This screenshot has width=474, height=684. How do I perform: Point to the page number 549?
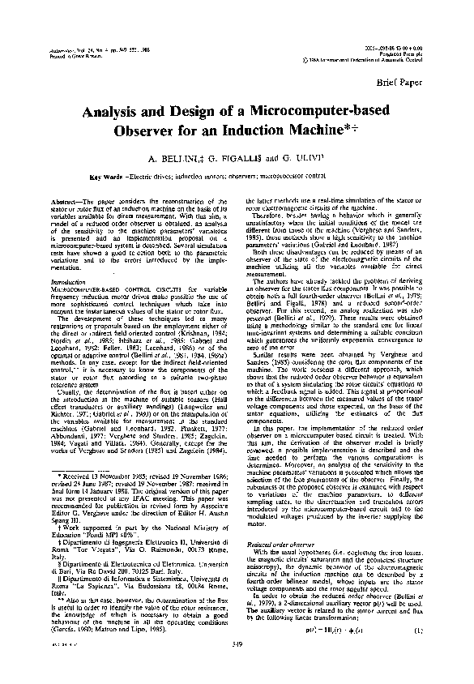pyautogui.click(x=237, y=667)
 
